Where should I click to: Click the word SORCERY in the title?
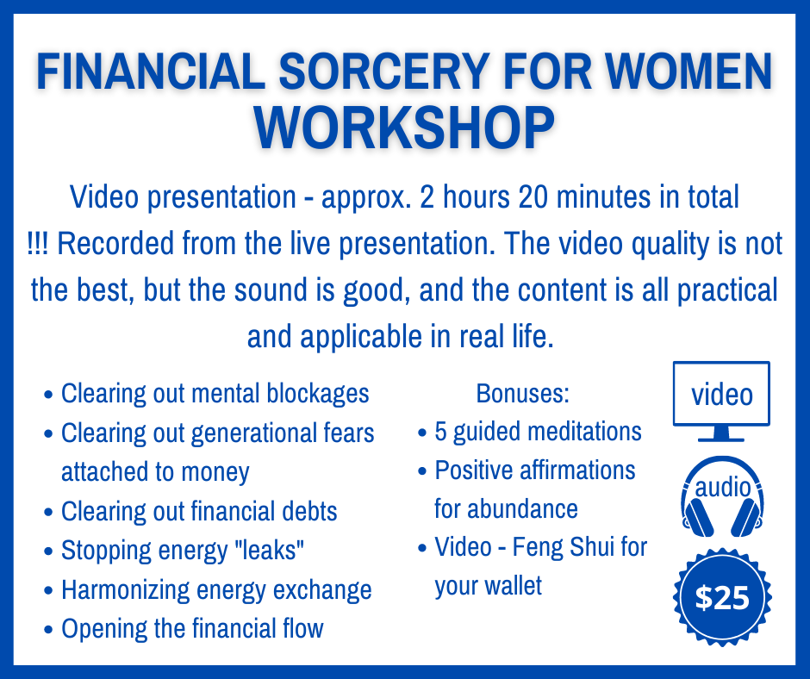click(384, 72)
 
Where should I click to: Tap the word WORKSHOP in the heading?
click(404, 128)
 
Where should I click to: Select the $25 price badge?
click(722, 597)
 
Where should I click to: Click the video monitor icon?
click(721, 402)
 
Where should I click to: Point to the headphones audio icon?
click(722, 496)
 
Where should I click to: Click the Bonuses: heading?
click(522, 394)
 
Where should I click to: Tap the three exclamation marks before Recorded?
click(38, 243)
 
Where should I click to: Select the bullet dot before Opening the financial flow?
click(48, 630)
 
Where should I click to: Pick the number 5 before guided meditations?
click(440, 432)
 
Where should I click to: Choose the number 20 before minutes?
click(533, 197)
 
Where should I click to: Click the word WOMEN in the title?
click(689, 72)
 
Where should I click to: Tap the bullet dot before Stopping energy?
click(48, 551)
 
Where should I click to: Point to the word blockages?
click(318, 395)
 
